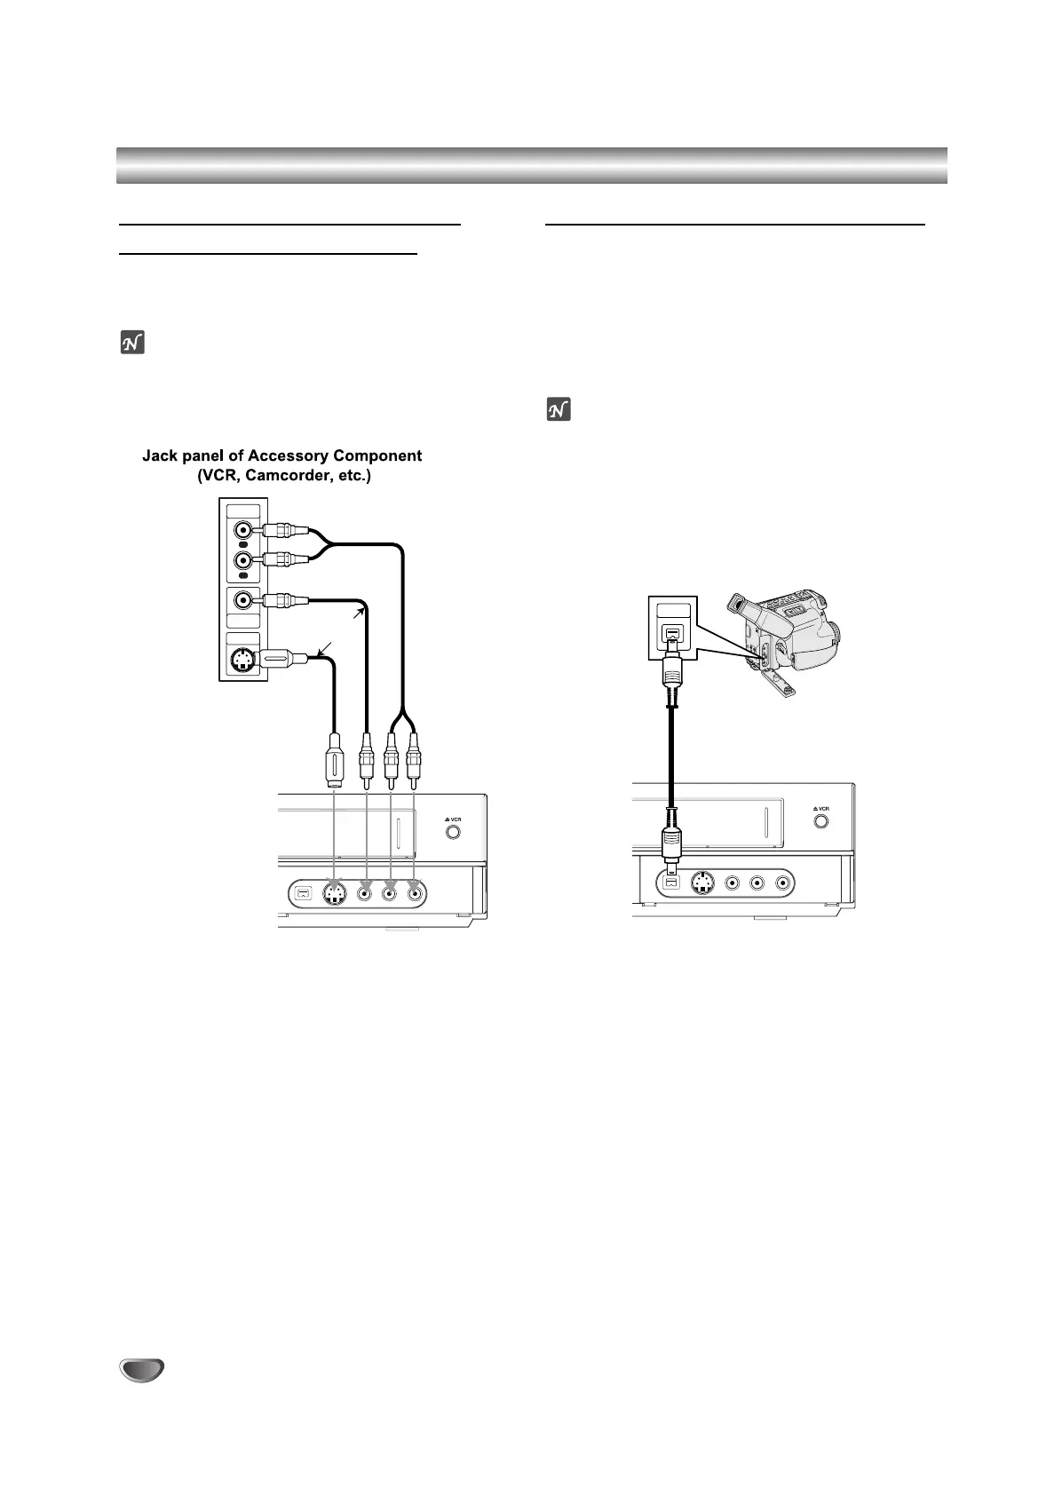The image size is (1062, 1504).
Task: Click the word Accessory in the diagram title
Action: [x=287, y=455]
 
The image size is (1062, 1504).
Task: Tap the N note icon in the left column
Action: [x=131, y=343]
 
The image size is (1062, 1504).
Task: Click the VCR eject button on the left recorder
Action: [x=453, y=833]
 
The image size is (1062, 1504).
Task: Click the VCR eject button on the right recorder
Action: [x=821, y=820]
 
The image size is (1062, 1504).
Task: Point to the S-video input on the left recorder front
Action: [x=334, y=893]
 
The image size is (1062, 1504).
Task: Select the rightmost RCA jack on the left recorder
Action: [x=415, y=893]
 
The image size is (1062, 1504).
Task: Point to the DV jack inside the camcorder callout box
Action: [x=672, y=637]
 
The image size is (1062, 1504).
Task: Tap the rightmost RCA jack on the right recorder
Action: [x=782, y=883]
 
